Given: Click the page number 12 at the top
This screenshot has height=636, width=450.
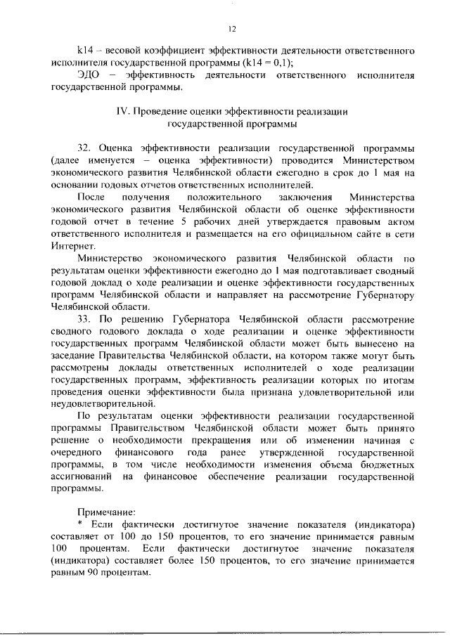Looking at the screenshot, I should pyautogui.click(x=231, y=29).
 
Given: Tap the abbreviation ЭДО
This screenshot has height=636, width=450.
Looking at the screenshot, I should pyautogui.click(x=89, y=74).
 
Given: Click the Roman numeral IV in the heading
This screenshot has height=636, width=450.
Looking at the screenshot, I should pyautogui.click(x=120, y=112).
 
